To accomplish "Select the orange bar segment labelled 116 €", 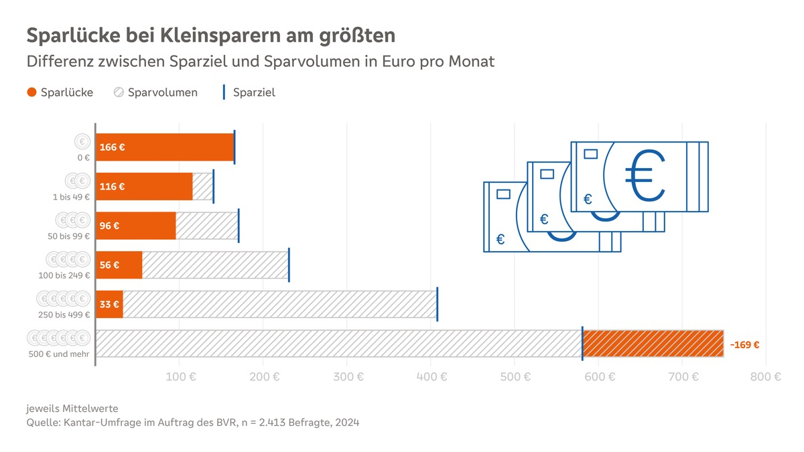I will click(x=145, y=187).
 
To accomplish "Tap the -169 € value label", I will click(x=744, y=345).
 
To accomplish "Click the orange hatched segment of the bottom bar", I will click(x=653, y=344).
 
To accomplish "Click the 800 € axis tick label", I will click(x=765, y=377).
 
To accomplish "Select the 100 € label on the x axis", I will click(x=180, y=377).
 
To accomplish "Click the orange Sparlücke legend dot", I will click(x=31, y=92).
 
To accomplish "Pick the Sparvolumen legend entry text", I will click(x=163, y=92).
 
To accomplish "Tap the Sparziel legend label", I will click(x=254, y=92).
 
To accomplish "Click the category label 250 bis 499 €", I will click(x=64, y=315).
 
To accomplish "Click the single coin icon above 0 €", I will click(x=82, y=142).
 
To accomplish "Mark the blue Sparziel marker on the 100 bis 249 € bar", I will click(x=289, y=265).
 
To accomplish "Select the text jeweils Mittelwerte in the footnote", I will click(x=72, y=408).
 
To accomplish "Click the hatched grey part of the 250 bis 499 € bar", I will click(x=279, y=305).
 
